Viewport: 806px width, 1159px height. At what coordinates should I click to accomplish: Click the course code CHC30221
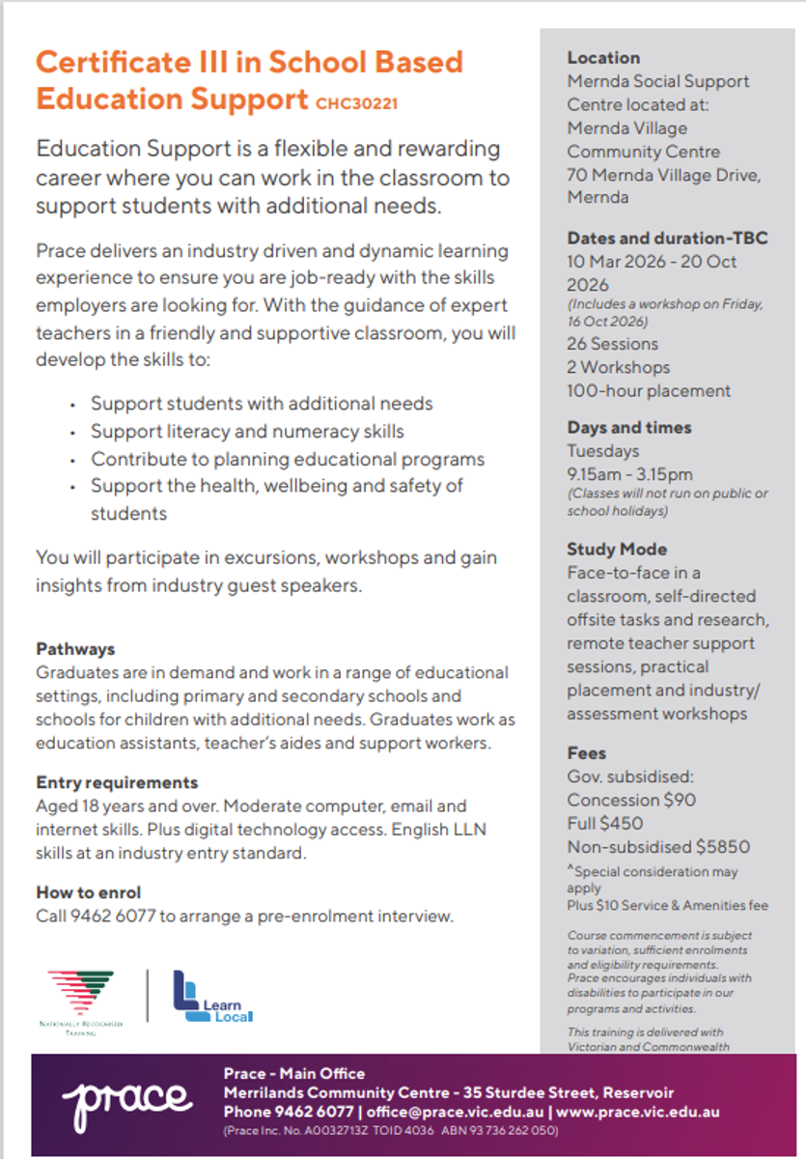coord(356,101)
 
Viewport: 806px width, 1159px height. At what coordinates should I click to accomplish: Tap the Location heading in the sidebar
coord(603,58)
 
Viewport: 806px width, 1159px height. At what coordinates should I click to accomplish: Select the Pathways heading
coord(75,649)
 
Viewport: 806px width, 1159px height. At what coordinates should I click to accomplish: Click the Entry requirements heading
coord(117,782)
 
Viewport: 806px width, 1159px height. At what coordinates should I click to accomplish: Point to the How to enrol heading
coord(89,892)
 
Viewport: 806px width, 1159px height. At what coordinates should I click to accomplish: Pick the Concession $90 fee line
coord(631,800)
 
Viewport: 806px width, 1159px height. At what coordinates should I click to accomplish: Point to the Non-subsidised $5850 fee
coord(658,847)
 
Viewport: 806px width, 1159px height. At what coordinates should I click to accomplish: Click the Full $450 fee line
coord(604,824)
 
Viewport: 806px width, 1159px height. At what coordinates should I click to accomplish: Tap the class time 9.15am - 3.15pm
coord(629,474)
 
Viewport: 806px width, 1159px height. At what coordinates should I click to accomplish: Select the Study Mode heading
coord(617,550)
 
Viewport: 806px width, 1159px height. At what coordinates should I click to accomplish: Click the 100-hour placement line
coord(649,391)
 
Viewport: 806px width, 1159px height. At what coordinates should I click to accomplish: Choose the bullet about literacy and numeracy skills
coord(247,432)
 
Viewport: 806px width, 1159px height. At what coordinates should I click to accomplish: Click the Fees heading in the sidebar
coord(587,753)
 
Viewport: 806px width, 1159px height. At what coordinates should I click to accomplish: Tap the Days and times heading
coord(629,428)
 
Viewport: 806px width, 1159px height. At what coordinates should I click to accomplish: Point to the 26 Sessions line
coord(612,344)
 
